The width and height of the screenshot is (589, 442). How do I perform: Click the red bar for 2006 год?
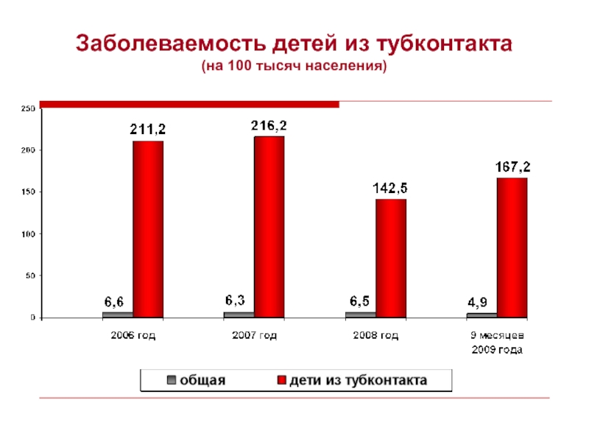click(148, 229)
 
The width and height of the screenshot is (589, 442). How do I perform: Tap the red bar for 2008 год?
click(390, 258)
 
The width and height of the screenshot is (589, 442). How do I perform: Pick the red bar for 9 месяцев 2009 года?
click(512, 248)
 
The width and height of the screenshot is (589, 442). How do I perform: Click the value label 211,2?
click(148, 129)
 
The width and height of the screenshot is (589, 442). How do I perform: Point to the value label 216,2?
click(269, 125)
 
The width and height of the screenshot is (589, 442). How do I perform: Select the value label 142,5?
click(390, 188)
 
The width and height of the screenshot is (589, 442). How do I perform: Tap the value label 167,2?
click(512, 168)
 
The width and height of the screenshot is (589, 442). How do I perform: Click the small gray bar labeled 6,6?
click(118, 315)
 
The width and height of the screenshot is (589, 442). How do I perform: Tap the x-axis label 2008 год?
click(376, 336)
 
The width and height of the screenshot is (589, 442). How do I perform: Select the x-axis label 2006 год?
click(133, 336)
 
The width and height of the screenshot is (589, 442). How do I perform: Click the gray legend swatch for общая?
click(172, 381)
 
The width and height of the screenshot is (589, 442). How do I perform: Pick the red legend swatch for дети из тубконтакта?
click(281, 381)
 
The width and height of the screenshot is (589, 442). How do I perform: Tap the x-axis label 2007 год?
click(255, 336)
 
